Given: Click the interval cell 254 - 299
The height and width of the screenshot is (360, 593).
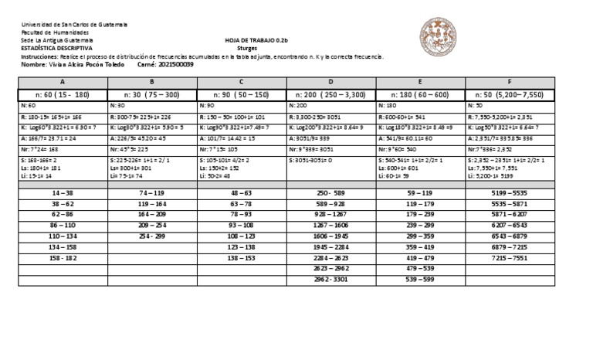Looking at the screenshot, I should point(153,233).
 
